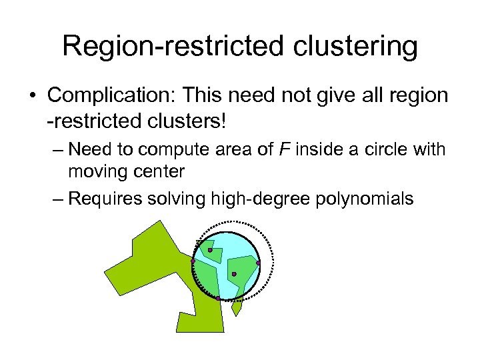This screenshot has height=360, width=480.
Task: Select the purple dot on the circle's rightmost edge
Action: point(259,263)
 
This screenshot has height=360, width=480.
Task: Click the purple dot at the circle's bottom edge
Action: point(218,298)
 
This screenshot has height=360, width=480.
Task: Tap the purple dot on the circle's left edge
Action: point(193,262)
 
